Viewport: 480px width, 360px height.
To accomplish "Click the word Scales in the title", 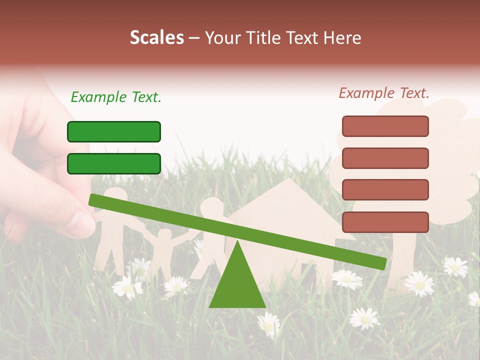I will [156, 37].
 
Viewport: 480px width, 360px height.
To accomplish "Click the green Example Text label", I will [116, 97].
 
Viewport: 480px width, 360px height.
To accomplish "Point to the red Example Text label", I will [384, 93].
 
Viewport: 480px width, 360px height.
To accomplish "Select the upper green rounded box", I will [114, 131].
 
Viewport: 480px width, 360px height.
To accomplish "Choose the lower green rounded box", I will [114, 163].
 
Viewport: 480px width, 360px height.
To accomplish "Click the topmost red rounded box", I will [385, 126].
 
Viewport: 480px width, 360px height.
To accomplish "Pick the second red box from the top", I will [385, 158].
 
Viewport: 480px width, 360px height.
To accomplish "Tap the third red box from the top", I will [385, 189].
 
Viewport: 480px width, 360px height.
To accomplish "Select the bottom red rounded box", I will [385, 222].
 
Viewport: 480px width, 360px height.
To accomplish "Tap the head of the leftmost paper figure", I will [115, 195].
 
